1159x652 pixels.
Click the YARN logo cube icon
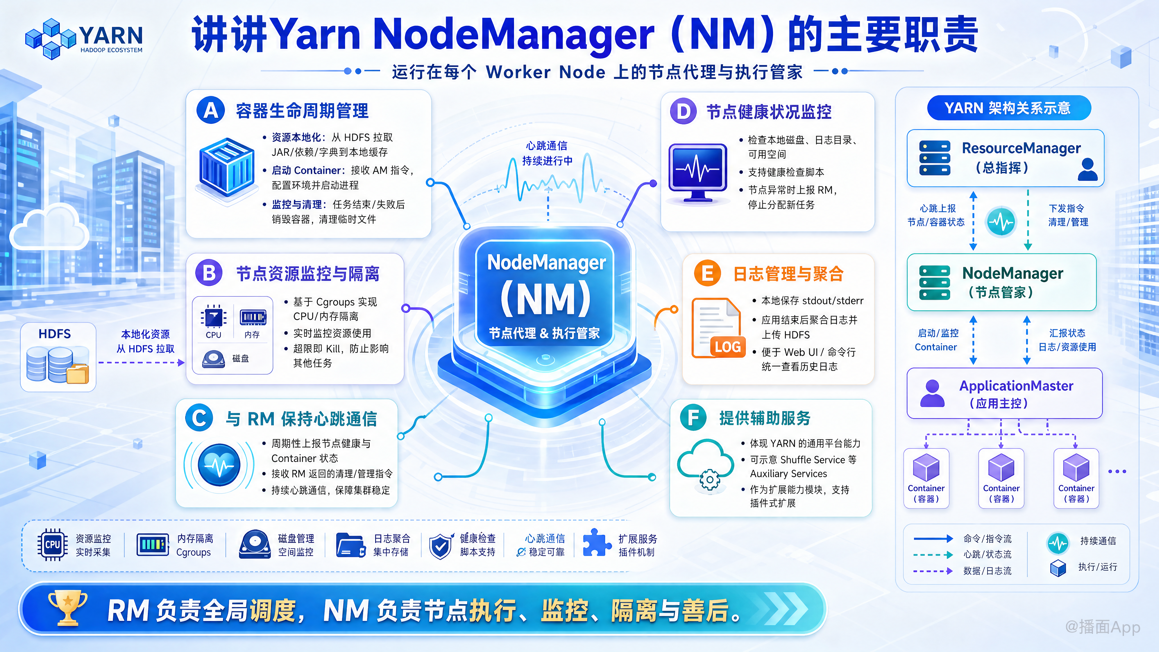tap(50, 39)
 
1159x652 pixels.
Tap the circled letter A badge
tap(211, 110)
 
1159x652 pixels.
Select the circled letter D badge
tap(683, 111)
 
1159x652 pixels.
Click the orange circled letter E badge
tap(707, 273)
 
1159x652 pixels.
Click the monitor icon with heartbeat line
tap(698, 173)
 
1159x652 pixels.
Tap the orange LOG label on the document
tap(727, 347)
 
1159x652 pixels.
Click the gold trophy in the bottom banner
tap(68, 607)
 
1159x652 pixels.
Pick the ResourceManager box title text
tap(1021, 148)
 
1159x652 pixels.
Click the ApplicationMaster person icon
tap(932, 393)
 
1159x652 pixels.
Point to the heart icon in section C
tap(219, 465)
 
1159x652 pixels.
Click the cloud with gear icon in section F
tap(705, 465)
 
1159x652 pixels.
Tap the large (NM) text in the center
tap(546, 298)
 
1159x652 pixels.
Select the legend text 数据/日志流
tap(987, 570)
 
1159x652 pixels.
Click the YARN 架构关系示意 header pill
tap(1009, 108)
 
